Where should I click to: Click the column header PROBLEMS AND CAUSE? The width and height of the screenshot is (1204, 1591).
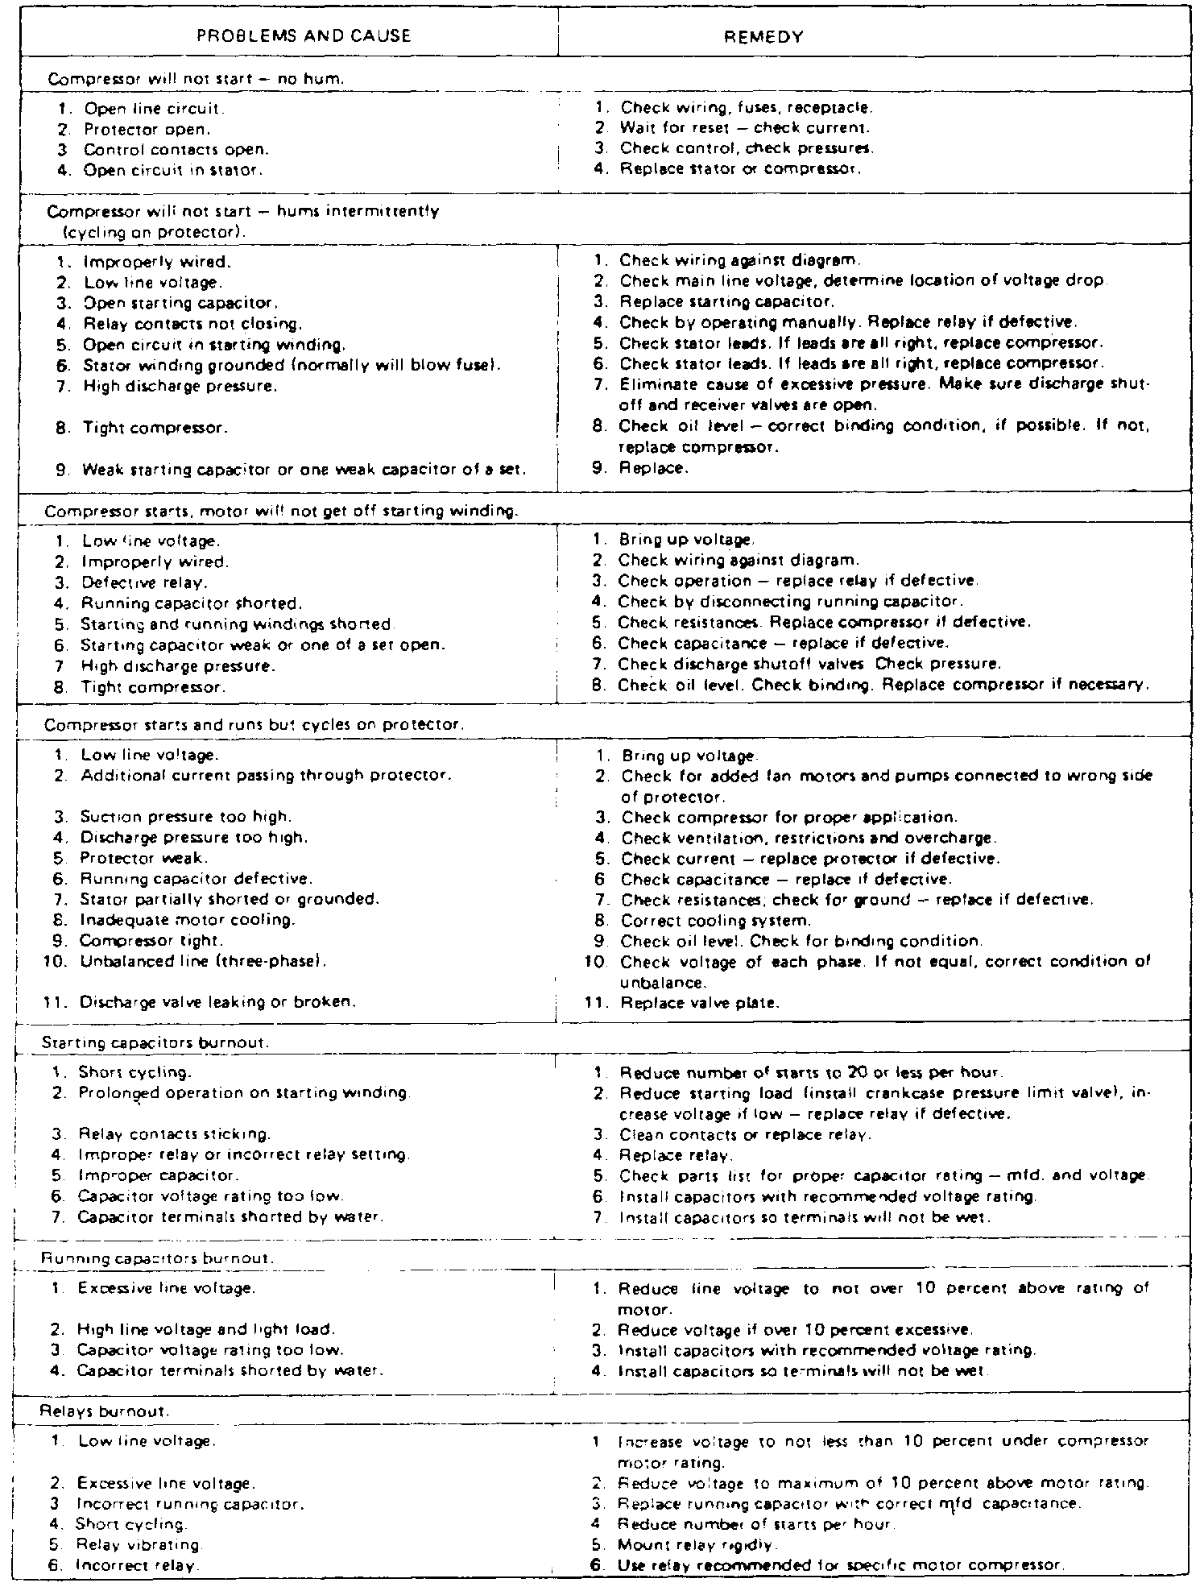[x=304, y=36]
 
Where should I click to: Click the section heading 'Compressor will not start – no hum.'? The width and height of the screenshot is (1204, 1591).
[x=197, y=79]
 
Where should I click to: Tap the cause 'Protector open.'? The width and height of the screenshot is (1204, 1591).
[x=147, y=129]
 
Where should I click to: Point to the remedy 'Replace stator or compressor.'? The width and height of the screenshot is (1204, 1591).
[x=739, y=170]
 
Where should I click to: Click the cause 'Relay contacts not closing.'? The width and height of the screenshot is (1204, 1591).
[x=192, y=324]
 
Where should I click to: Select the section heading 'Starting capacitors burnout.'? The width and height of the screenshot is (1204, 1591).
[x=155, y=1043]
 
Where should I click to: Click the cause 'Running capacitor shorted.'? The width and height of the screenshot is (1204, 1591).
[x=189, y=603]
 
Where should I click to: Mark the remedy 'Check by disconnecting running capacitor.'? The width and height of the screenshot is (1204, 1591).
[x=789, y=602]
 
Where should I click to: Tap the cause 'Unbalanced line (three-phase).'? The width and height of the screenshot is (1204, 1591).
[x=202, y=961]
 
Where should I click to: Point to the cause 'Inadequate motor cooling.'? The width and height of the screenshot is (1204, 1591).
[x=187, y=920]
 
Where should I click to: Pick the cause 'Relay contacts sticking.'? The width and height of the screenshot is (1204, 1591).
[x=174, y=1135]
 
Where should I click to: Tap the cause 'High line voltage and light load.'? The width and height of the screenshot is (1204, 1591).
[x=205, y=1329]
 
